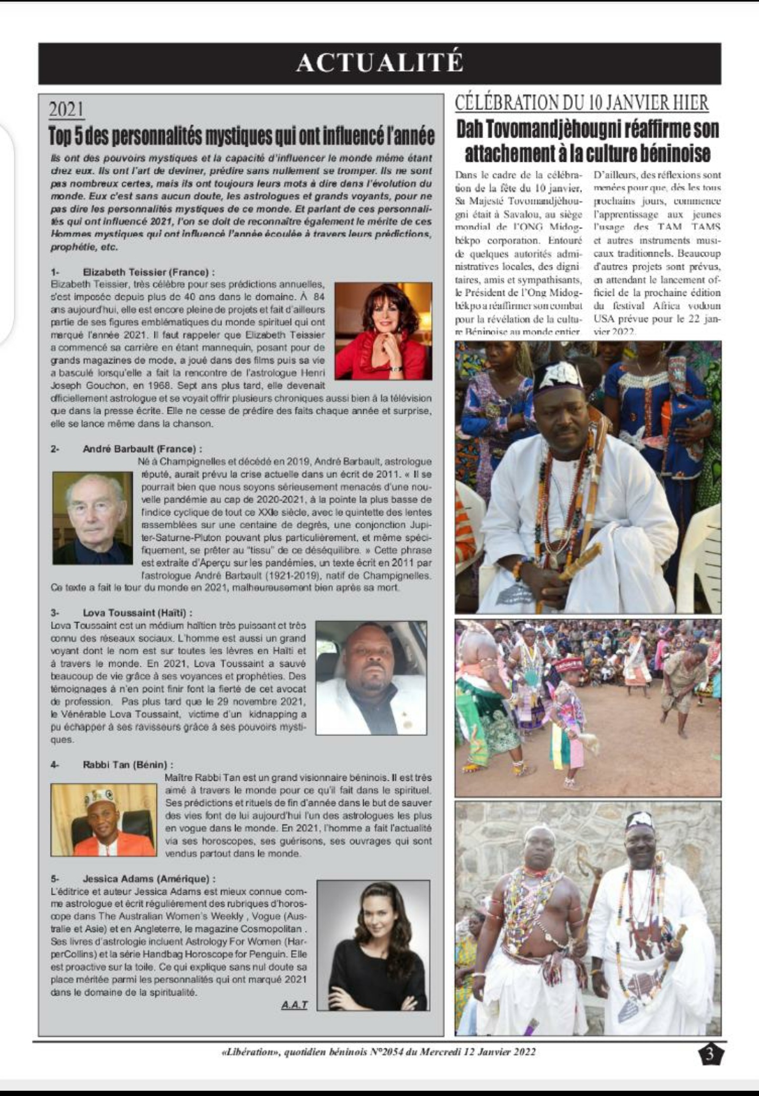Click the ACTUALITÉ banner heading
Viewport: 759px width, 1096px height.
click(x=379, y=63)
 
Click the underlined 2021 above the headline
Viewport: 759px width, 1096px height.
click(x=66, y=110)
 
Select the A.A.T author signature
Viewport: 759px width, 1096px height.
click(x=294, y=1005)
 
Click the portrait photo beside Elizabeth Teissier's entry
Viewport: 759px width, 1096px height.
click(x=383, y=331)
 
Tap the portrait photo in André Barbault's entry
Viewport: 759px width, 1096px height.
click(x=93, y=518)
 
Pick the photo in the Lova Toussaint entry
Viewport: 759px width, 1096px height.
click(x=371, y=677)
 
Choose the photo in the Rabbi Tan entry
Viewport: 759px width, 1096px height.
click(x=104, y=820)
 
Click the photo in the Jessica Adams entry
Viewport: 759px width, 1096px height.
click(x=373, y=945)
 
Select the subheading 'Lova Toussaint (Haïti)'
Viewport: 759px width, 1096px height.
click(x=138, y=613)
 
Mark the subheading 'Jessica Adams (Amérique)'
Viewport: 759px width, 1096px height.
click(x=149, y=879)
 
